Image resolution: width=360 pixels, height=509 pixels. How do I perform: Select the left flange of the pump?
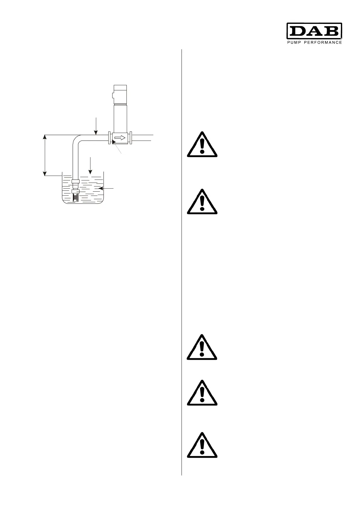click(110, 138)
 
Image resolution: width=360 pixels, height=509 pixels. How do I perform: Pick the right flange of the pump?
click(130, 138)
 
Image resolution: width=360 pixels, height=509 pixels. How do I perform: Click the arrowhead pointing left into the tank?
click(101, 188)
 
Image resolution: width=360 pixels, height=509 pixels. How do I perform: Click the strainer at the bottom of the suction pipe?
click(76, 198)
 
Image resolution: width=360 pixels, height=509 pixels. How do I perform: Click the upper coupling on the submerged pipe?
click(76, 181)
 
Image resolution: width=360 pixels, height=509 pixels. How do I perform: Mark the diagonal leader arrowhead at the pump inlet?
click(113, 141)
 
